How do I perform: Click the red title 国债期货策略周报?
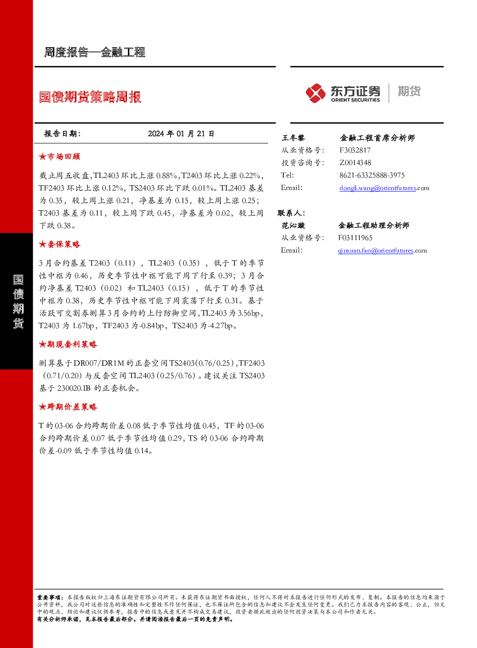pyautogui.click(x=90, y=97)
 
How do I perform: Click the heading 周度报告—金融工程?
pyautogui.click(x=95, y=52)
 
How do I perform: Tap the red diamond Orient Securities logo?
pyautogui.click(x=315, y=93)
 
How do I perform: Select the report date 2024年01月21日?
pyautogui.click(x=181, y=134)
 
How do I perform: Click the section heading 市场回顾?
pyautogui.click(x=60, y=157)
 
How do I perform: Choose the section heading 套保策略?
pyautogui.click(x=60, y=244)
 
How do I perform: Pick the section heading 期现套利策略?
pyautogui.click(x=68, y=344)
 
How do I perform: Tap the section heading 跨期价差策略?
pyautogui.click(x=68, y=407)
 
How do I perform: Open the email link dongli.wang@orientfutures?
pyautogui.click(x=377, y=188)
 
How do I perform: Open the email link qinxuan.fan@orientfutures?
pyautogui.click(x=376, y=251)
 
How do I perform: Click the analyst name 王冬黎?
pyautogui.click(x=293, y=138)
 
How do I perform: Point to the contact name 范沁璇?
pyautogui.click(x=293, y=225)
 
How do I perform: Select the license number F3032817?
pyautogui.click(x=355, y=150)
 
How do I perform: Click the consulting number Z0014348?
pyautogui.click(x=355, y=163)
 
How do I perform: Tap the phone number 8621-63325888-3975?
pyautogui.click(x=372, y=175)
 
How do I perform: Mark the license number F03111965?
pyautogui.click(x=355, y=238)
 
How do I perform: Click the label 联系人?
pyautogui.click(x=291, y=213)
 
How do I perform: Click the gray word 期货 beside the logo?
pyautogui.click(x=409, y=91)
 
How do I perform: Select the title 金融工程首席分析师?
pyautogui.click(x=377, y=138)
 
